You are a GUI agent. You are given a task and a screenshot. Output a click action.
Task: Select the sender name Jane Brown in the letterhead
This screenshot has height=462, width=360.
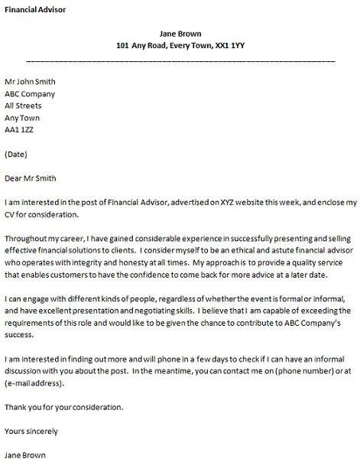click(x=180, y=33)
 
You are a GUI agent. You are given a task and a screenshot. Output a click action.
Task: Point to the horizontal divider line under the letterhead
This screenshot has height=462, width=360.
click(x=180, y=59)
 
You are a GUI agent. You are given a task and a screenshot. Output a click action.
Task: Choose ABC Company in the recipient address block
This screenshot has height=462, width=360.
click(x=30, y=94)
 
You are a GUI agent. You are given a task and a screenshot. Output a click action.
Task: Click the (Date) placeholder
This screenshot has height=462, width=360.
click(x=16, y=155)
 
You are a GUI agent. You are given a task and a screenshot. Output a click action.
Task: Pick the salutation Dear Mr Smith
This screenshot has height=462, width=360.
click(x=30, y=179)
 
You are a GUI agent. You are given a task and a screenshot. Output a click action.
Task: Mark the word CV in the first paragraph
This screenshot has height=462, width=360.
click(x=10, y=215)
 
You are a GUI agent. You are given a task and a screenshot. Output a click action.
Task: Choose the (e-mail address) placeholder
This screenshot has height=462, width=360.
click(x=33, y=385)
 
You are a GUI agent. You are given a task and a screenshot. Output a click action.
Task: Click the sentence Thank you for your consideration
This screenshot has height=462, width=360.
click(x=63, y=408)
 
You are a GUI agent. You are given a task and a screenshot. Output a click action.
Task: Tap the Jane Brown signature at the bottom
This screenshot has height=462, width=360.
click(x=24, y=455)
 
